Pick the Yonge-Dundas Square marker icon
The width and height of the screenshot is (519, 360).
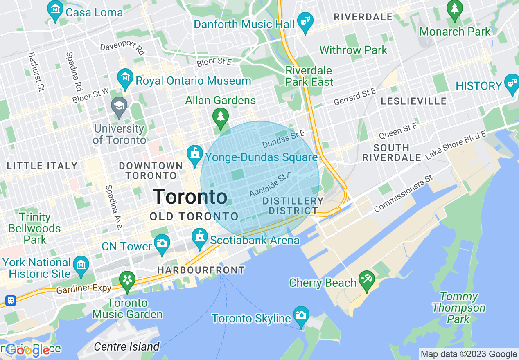194,155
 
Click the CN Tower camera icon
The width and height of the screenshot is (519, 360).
162,243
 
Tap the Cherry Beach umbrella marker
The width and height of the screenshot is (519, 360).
366,280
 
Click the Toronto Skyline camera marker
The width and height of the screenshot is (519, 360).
301,315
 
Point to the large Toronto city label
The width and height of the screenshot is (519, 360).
190,197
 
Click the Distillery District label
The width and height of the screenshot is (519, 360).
293,206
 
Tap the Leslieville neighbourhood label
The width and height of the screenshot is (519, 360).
413,101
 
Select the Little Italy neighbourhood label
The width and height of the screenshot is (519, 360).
42,166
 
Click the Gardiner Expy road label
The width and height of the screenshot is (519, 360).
83,289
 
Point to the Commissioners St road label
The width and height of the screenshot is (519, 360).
403,194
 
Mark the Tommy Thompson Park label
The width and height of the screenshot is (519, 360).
459,308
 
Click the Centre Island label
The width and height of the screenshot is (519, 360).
126,347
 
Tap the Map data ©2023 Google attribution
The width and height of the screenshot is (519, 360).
469,354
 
